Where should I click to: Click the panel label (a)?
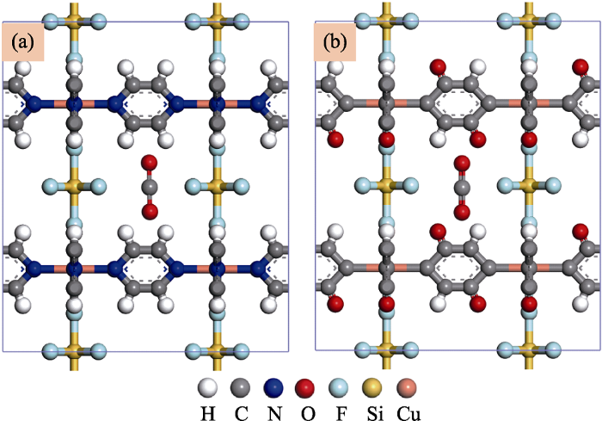click(23, 42)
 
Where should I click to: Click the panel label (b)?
click(335, 42)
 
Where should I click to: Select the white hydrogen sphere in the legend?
click(208, 387)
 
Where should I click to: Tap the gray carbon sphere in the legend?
click(240, 387)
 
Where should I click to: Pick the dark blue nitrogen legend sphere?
click(273, 387)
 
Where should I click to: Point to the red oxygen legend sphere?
click(304, 387)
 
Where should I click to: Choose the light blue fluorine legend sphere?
click(339, 387)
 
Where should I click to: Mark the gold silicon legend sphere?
click(372, 387)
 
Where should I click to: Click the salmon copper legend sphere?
click(406, 387)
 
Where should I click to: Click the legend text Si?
click(375, 414)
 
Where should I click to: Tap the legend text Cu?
click(408, 414)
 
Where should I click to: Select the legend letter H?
click(208, 414)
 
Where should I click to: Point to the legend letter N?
click(274, 414)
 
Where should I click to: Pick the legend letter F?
click(341, 414)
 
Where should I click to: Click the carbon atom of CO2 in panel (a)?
click(150, 188)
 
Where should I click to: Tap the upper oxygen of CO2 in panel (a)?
click(150, 163)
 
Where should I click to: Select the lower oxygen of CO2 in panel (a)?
click(150, 212)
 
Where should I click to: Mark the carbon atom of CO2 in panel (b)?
click(462, 188)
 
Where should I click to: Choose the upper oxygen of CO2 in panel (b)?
click(462, 163)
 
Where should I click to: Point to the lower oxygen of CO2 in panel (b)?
click(462, 212)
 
